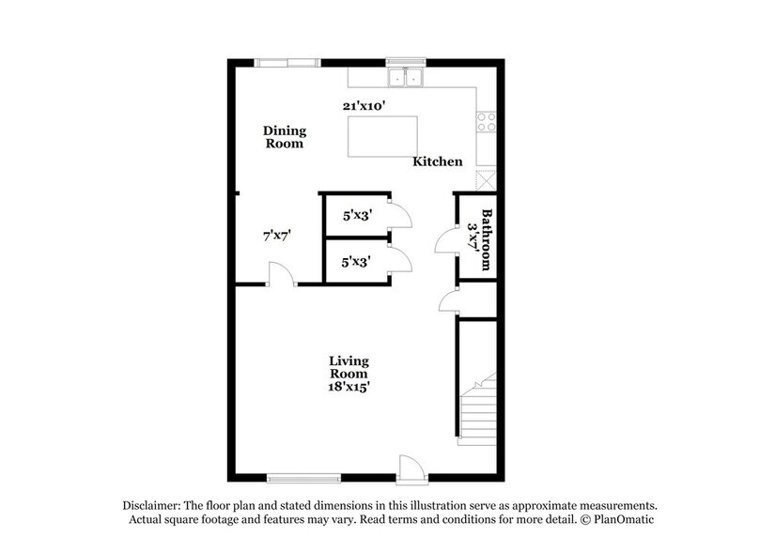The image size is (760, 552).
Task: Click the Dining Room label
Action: pos(284,137)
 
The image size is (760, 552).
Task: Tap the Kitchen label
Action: pos(438,161)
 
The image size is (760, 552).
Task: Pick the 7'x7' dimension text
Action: pos(277,237)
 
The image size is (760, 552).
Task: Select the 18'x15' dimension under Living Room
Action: pos(349,385)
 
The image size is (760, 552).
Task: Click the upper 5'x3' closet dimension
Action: pos(358,215)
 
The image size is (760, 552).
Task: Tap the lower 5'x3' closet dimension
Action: pos(358,263)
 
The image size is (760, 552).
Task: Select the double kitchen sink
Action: pos(407,77)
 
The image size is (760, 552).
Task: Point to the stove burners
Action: pos(487,121)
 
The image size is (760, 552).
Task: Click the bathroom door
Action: pos(445,242)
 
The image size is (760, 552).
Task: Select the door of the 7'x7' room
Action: pos(281,274)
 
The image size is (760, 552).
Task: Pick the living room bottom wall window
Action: pos(303,477)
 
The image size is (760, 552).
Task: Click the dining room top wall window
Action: pos(287,63)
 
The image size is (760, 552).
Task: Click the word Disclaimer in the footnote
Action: pos(157,504)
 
